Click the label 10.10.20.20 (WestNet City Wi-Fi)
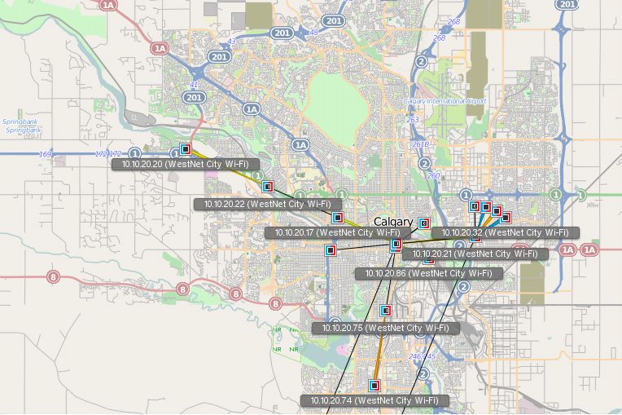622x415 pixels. point(180,164)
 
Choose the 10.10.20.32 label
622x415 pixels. point(505,232)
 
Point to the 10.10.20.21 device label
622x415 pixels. point(475,254)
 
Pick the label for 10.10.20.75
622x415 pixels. point(385,328)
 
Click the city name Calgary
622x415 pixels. point(393,222)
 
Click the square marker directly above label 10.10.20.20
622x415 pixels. point(186,149)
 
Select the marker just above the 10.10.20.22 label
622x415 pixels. point(267,187)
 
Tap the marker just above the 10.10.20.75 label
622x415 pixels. point(385,310)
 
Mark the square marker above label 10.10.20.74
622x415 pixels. point(375,385)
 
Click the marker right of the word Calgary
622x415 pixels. point(423,223)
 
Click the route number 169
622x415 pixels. point(45,153)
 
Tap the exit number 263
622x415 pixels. point(413,119)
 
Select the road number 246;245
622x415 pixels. point(422,356)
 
